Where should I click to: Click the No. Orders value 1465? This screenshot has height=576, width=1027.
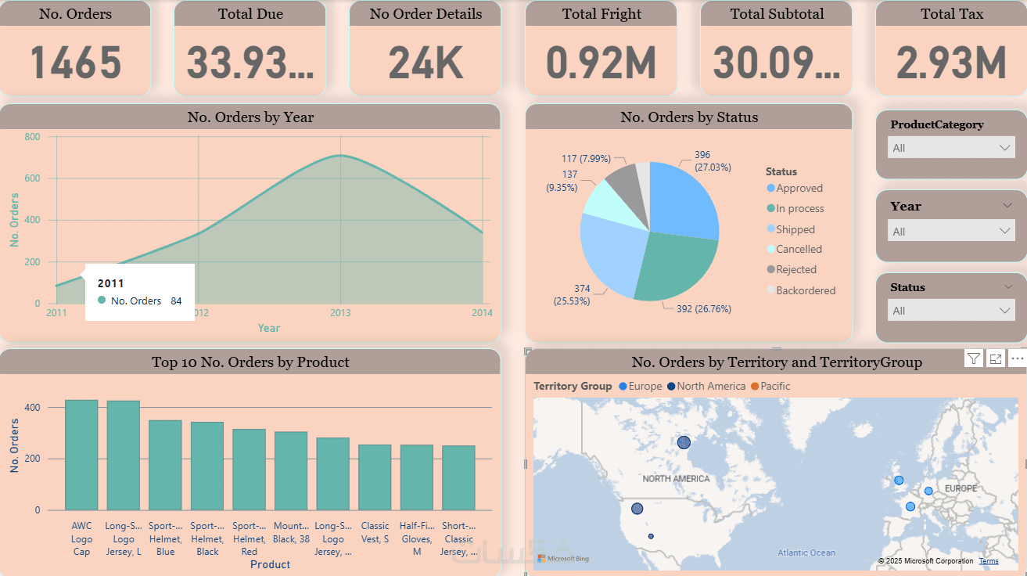76,63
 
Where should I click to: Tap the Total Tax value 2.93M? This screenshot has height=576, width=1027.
951,63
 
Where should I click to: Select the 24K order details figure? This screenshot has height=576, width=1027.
426,63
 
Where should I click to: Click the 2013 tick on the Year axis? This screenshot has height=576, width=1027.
339,313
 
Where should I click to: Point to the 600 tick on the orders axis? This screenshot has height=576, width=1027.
32,178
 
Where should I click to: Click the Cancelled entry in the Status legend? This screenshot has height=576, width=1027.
799,250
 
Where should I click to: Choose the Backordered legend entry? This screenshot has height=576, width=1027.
806,290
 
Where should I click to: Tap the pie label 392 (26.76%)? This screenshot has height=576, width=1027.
703,309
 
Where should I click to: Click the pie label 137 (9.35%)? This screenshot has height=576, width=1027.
562,181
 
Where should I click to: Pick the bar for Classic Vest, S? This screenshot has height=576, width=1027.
375,477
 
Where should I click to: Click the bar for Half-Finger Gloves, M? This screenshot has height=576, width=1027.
417,477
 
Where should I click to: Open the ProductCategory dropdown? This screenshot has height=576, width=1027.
951,148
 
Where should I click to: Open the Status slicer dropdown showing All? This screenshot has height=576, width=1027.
951,311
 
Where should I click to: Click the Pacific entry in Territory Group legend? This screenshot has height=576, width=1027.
775,387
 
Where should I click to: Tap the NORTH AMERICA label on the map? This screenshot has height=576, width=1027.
676,479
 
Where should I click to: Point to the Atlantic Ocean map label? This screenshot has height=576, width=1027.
806,553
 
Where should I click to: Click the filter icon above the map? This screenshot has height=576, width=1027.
974,358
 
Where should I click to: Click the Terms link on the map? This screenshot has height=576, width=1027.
989,561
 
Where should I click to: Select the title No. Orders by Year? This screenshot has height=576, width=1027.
250,117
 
